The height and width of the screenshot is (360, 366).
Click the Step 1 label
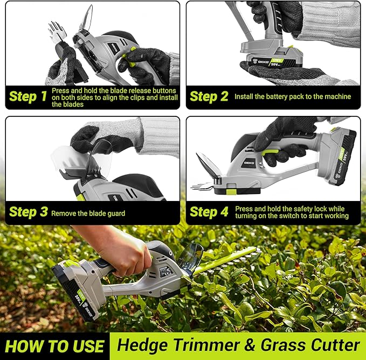tap(28, 96)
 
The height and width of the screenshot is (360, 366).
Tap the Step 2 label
tap(209, 96)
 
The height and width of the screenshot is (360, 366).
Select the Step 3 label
tap(29, 212)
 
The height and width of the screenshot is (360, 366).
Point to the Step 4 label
tap(209, 212)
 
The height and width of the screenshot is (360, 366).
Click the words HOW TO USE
tap(54, 346)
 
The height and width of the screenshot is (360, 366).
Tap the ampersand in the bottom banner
tap(250, 345)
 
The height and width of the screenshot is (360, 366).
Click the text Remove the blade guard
tap(88, 213)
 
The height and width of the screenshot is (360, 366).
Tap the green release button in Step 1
tap(130, 56)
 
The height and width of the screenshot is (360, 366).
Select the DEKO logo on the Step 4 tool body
tap(249, 163)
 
